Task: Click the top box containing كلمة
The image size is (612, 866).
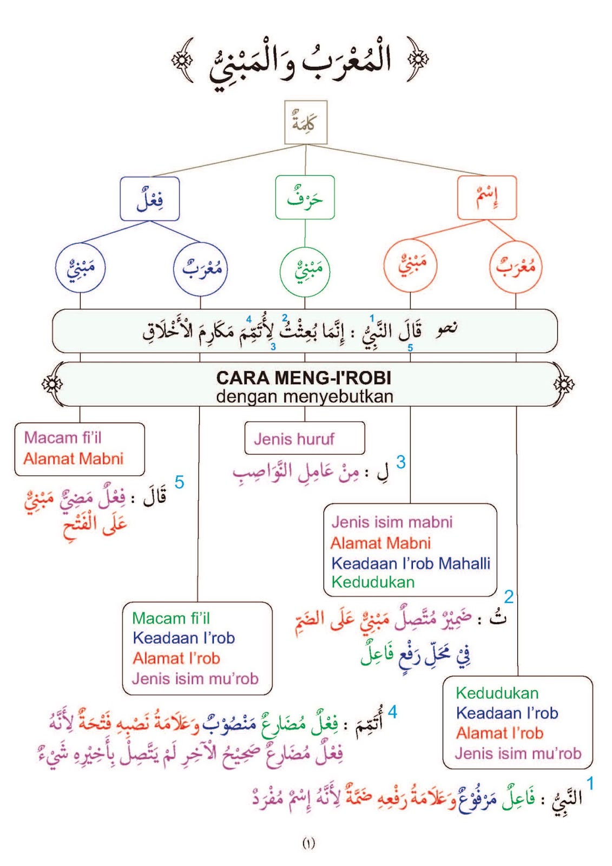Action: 306,122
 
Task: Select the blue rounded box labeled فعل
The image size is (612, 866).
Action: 150,199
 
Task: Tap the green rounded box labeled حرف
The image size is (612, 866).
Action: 305,198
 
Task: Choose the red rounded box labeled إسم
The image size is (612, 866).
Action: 487,198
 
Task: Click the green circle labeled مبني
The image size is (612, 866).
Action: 305,270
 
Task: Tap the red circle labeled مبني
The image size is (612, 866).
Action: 410,265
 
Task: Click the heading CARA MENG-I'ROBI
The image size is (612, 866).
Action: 304,377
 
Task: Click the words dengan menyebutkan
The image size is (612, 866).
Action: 304,397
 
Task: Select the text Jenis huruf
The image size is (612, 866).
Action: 294,439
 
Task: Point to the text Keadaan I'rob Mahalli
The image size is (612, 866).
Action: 411,563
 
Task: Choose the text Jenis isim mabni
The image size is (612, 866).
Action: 392,522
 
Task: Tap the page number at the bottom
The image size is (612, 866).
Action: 308,843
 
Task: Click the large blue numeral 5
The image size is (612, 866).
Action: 179,482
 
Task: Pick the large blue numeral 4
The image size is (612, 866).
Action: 392,712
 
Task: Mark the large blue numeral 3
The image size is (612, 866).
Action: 400,462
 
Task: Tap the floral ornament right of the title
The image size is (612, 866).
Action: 418,59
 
